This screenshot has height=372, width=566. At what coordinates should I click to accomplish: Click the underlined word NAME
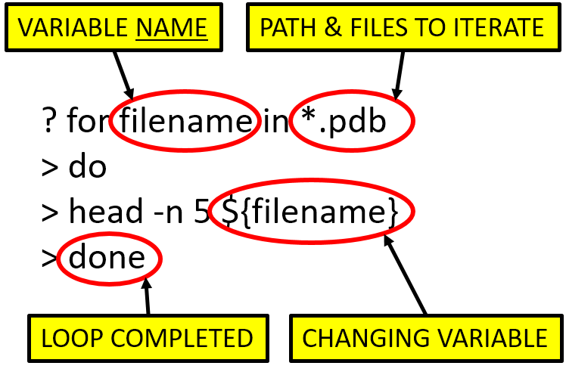click(171, 29)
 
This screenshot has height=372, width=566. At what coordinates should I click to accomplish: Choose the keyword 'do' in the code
click(88, 167)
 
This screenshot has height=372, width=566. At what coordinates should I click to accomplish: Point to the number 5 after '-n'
click(200, 213)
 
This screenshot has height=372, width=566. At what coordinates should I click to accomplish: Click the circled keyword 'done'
click(107, 259)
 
